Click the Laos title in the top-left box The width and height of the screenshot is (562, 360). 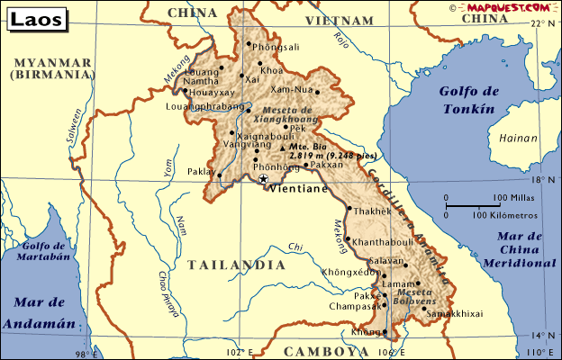(32, 18)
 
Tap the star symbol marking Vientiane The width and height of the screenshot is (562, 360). (263, 179)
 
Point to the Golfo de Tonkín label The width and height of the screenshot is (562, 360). (467, 100)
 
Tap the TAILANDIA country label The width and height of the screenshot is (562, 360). (237, 265)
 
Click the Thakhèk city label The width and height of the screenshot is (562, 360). (373, 211)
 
